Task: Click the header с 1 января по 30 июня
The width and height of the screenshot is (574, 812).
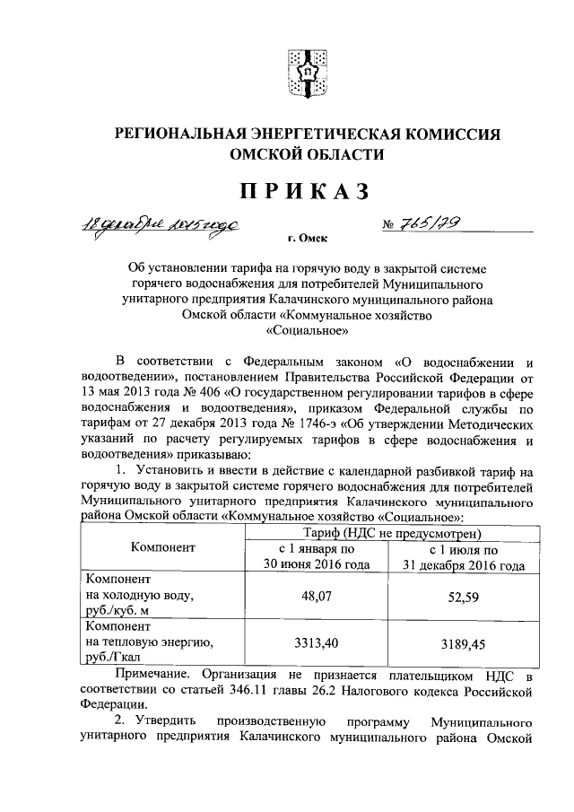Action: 310,557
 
